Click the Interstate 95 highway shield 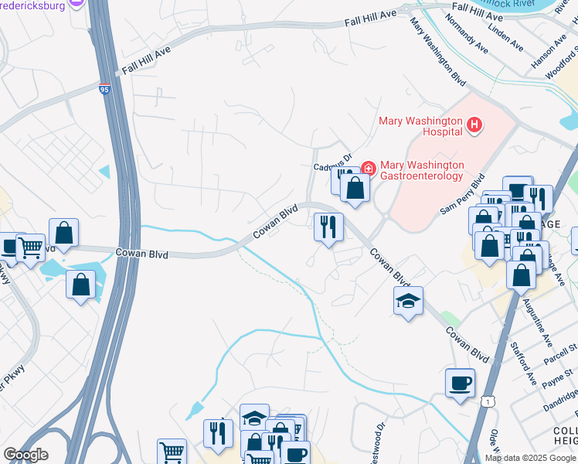105,90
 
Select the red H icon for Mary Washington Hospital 474,124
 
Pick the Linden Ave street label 501,35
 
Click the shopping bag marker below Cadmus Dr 355,188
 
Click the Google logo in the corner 25,455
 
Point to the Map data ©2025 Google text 530,458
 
